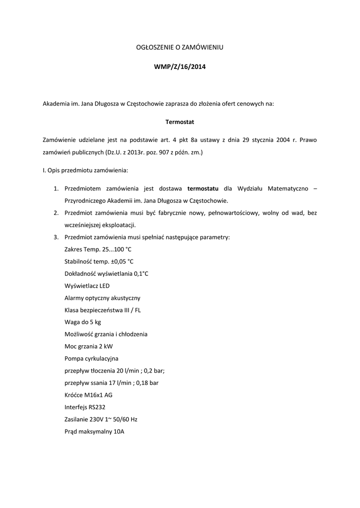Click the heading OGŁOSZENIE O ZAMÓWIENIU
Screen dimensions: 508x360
coord(180,47)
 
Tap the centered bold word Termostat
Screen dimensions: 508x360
coord(180,122)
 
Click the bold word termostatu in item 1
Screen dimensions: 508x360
coord(203,189)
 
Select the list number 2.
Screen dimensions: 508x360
coord(56,213)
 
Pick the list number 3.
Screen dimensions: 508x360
coord(56,237)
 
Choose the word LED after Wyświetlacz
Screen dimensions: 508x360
coord(104,286)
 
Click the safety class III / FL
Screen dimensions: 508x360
coord(131,310)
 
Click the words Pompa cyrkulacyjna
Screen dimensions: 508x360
coord(91,358)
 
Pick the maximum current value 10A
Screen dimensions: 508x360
coord(119,431)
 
